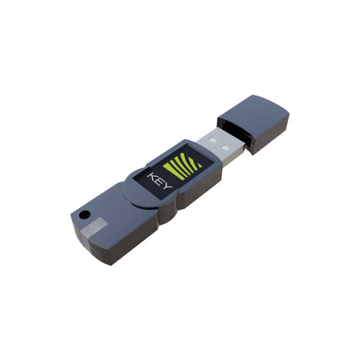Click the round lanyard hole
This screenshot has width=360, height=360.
[84, 214]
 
